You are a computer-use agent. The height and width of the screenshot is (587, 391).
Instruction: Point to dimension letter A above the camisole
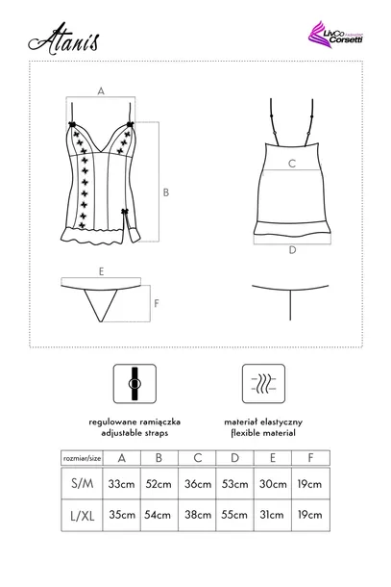101,90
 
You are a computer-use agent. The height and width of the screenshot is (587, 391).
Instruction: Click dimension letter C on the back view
291,164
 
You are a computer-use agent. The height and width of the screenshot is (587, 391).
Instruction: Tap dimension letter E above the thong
100,272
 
